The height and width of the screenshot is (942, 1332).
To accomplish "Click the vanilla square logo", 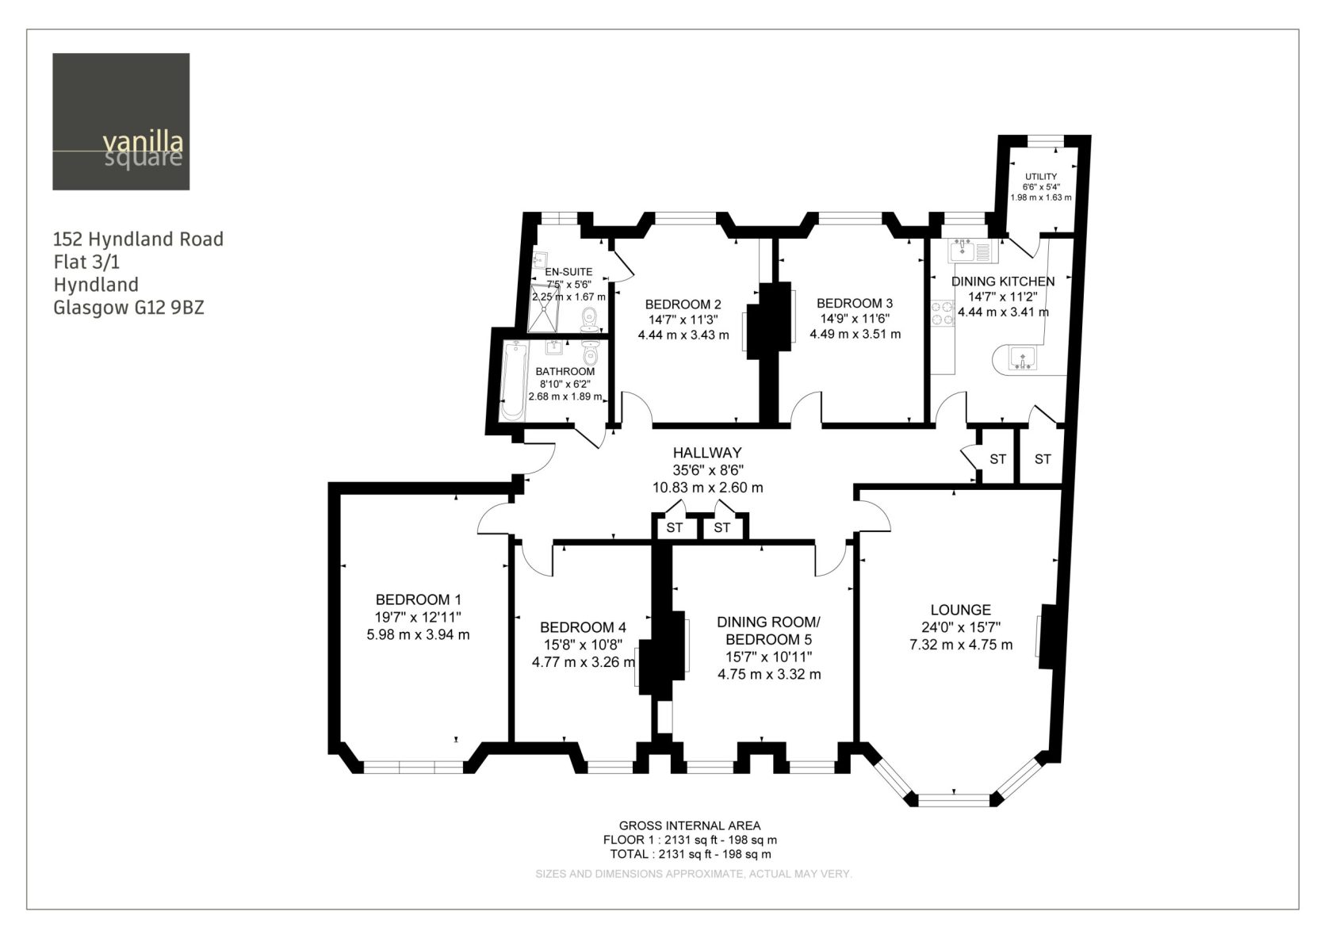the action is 121,122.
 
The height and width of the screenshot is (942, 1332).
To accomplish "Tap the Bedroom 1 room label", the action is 418,599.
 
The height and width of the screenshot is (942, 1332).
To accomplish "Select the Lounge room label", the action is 961,610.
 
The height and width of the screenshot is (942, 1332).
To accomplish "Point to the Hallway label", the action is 707,453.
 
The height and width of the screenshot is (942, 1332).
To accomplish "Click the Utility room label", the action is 1041,177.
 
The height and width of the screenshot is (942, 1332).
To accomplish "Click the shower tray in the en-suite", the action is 544,308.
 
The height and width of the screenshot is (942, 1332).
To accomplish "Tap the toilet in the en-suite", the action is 589,319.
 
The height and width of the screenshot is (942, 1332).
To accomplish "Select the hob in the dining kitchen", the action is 943,313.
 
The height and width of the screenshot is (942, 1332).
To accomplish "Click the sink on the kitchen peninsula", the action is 1023,358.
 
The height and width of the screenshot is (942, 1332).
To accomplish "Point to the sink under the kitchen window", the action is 963,251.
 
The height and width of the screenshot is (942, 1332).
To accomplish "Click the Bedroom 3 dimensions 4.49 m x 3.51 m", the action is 855,335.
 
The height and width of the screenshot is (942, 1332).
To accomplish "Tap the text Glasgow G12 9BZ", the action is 129,308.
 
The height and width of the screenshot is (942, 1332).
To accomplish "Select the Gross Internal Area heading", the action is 690,825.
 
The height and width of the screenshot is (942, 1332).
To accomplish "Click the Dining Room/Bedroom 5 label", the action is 768,630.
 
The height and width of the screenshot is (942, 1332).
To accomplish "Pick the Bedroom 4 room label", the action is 583,627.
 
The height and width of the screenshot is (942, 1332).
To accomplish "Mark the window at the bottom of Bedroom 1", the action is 413,768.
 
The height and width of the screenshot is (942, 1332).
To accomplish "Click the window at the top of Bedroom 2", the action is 685,218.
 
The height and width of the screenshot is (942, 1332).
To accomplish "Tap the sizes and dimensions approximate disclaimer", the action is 693,874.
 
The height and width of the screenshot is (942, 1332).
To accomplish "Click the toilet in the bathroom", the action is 590,354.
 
